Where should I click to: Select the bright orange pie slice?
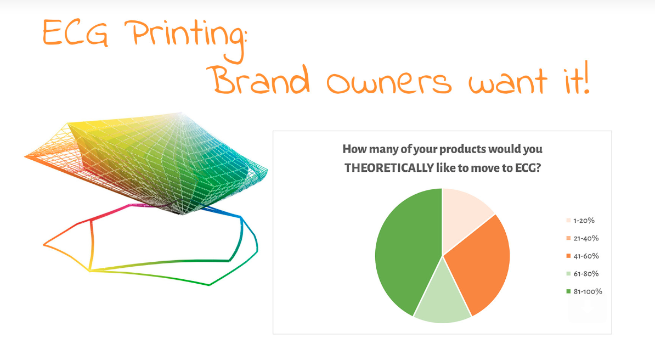[484, 263]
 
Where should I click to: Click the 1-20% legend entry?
[580, 221]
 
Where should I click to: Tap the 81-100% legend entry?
[584, 291]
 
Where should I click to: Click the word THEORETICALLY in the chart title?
[389, 168]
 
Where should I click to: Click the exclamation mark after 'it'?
[584, 77]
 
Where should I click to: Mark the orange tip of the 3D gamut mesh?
[26, 157]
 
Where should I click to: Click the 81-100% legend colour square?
[568, 291]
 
